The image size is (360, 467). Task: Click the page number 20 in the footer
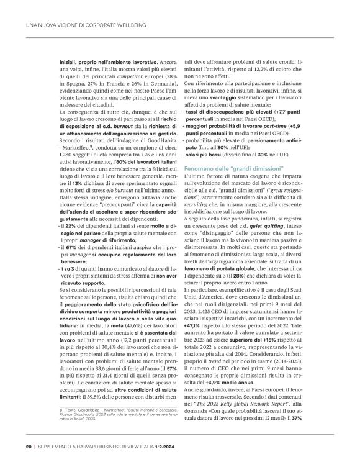(x=29, y=446)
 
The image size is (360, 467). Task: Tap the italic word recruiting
(x=200, y=185)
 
